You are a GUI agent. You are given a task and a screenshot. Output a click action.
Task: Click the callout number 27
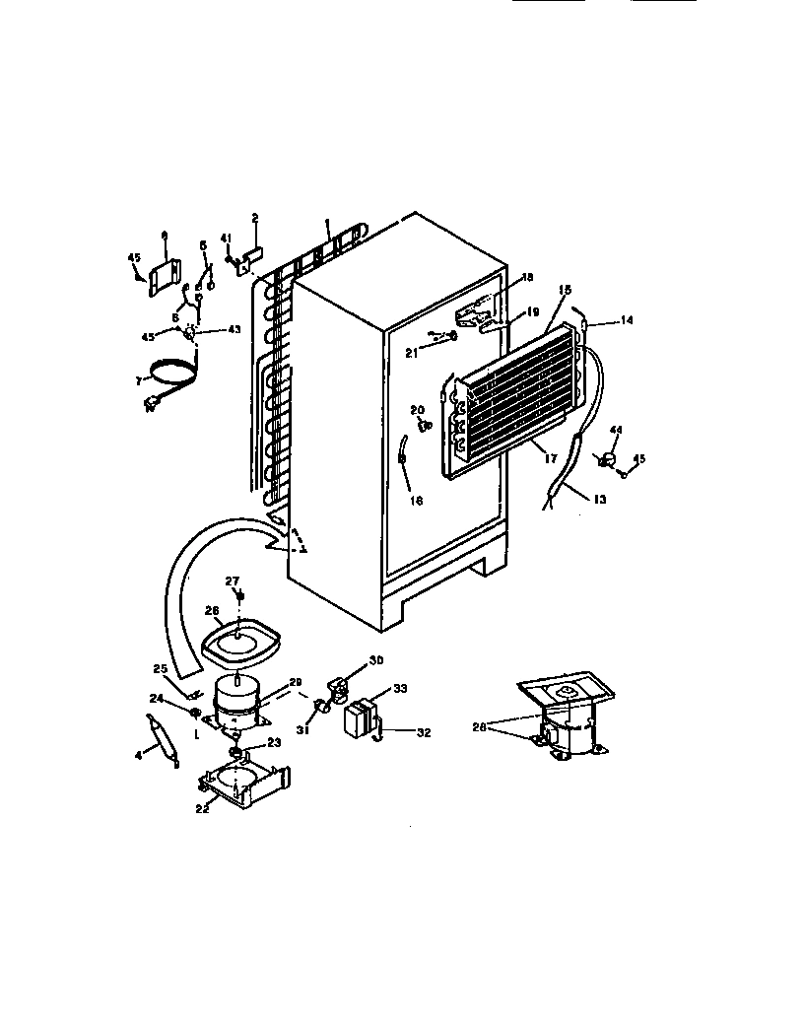(x=233, y=581)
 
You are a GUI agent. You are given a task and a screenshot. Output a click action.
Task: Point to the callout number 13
(x=600, y=500)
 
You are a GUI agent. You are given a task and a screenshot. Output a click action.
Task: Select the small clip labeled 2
(x=251, y=254)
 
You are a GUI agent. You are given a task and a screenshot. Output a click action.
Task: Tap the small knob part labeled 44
(x=608, y=458)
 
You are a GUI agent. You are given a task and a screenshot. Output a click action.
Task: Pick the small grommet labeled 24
(x=195, y=712)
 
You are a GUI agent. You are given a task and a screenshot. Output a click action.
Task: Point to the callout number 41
(x=225, y=238)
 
